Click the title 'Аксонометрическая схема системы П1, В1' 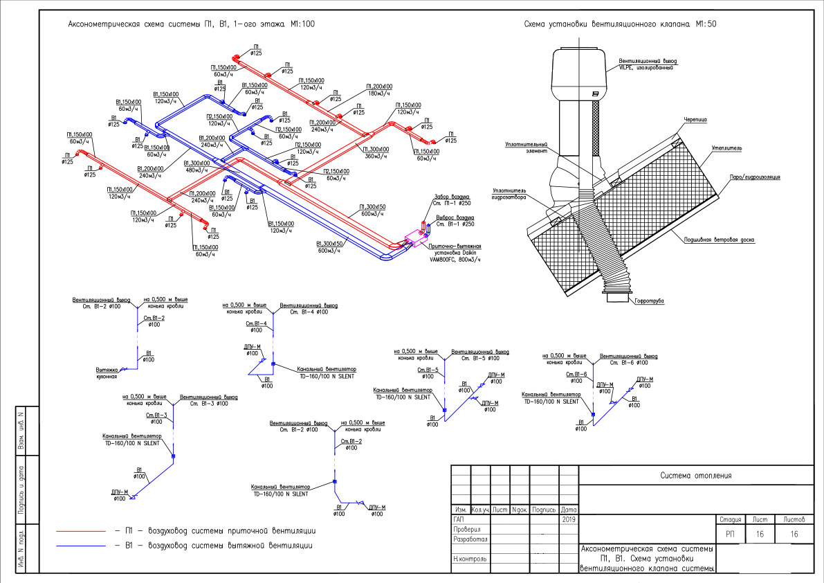pos(191,24)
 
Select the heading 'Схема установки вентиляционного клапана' pos(621,24)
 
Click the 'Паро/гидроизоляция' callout pos(753,177)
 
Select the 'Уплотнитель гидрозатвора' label pos(510,193)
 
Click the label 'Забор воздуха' pos(448,197)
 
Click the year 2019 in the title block pos(569,519)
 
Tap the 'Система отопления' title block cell pos(695,475)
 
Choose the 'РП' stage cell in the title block pos(731,534)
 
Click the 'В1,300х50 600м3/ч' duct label pos(330,246)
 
